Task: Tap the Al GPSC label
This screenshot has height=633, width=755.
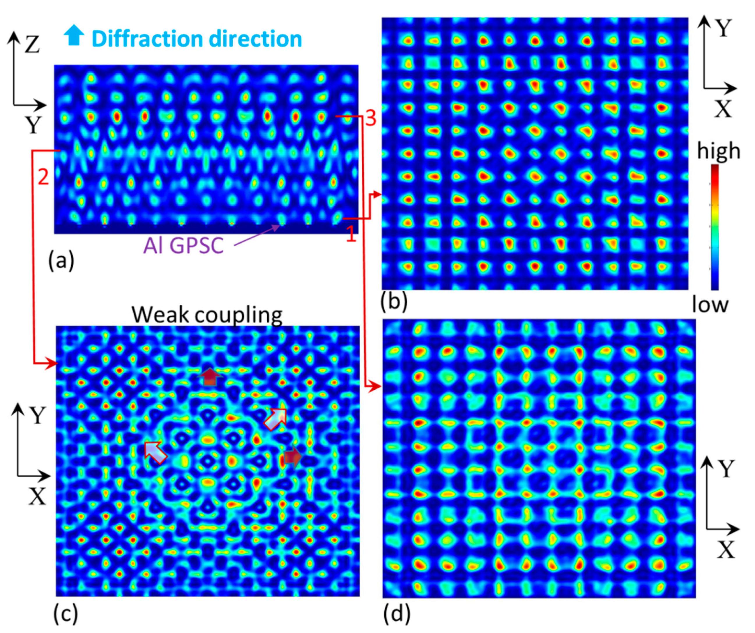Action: [183, 246]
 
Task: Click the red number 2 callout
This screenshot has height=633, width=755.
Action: [43, 177]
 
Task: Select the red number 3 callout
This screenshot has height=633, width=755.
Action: [370, 118]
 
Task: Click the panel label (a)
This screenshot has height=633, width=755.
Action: [61, 260]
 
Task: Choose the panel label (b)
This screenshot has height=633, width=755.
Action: [394, 301]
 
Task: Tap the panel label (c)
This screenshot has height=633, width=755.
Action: [66, 614]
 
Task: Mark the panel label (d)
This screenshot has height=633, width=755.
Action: [397, 614]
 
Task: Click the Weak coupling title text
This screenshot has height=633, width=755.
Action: [207, 315]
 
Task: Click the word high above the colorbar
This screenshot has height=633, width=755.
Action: [718, 151]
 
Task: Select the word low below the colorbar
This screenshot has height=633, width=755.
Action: [710, 305]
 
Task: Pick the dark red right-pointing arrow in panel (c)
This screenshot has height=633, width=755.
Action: [292, 457]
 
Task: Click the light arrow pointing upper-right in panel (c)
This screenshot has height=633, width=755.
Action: [276, 419]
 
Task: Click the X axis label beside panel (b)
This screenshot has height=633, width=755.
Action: [723, 109]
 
